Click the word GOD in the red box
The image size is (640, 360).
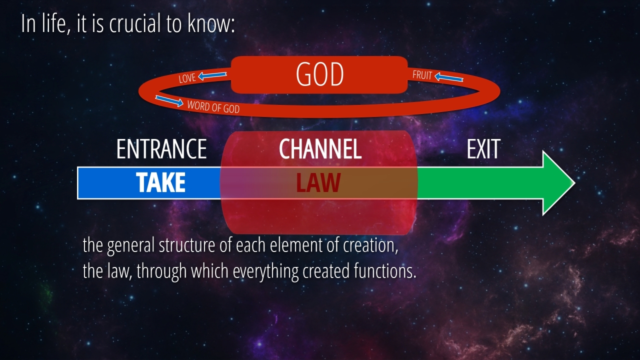point(319,74)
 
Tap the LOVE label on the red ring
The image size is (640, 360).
point(187,78)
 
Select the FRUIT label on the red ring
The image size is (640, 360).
point(422,75)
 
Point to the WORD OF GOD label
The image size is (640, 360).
point(213,107)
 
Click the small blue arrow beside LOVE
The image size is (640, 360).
point(212,75)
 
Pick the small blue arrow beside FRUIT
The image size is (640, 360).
point(449,77)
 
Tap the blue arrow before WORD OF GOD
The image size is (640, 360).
point(169,101)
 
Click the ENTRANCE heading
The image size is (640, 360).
point(161,149)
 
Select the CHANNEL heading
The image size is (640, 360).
point(320,149)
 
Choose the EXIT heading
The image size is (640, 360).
point(483,149)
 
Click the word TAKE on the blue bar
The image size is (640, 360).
point(160,182)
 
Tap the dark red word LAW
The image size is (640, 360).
point(318,182)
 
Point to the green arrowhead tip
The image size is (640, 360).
point(575,183)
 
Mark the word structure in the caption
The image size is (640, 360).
point(187,245)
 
